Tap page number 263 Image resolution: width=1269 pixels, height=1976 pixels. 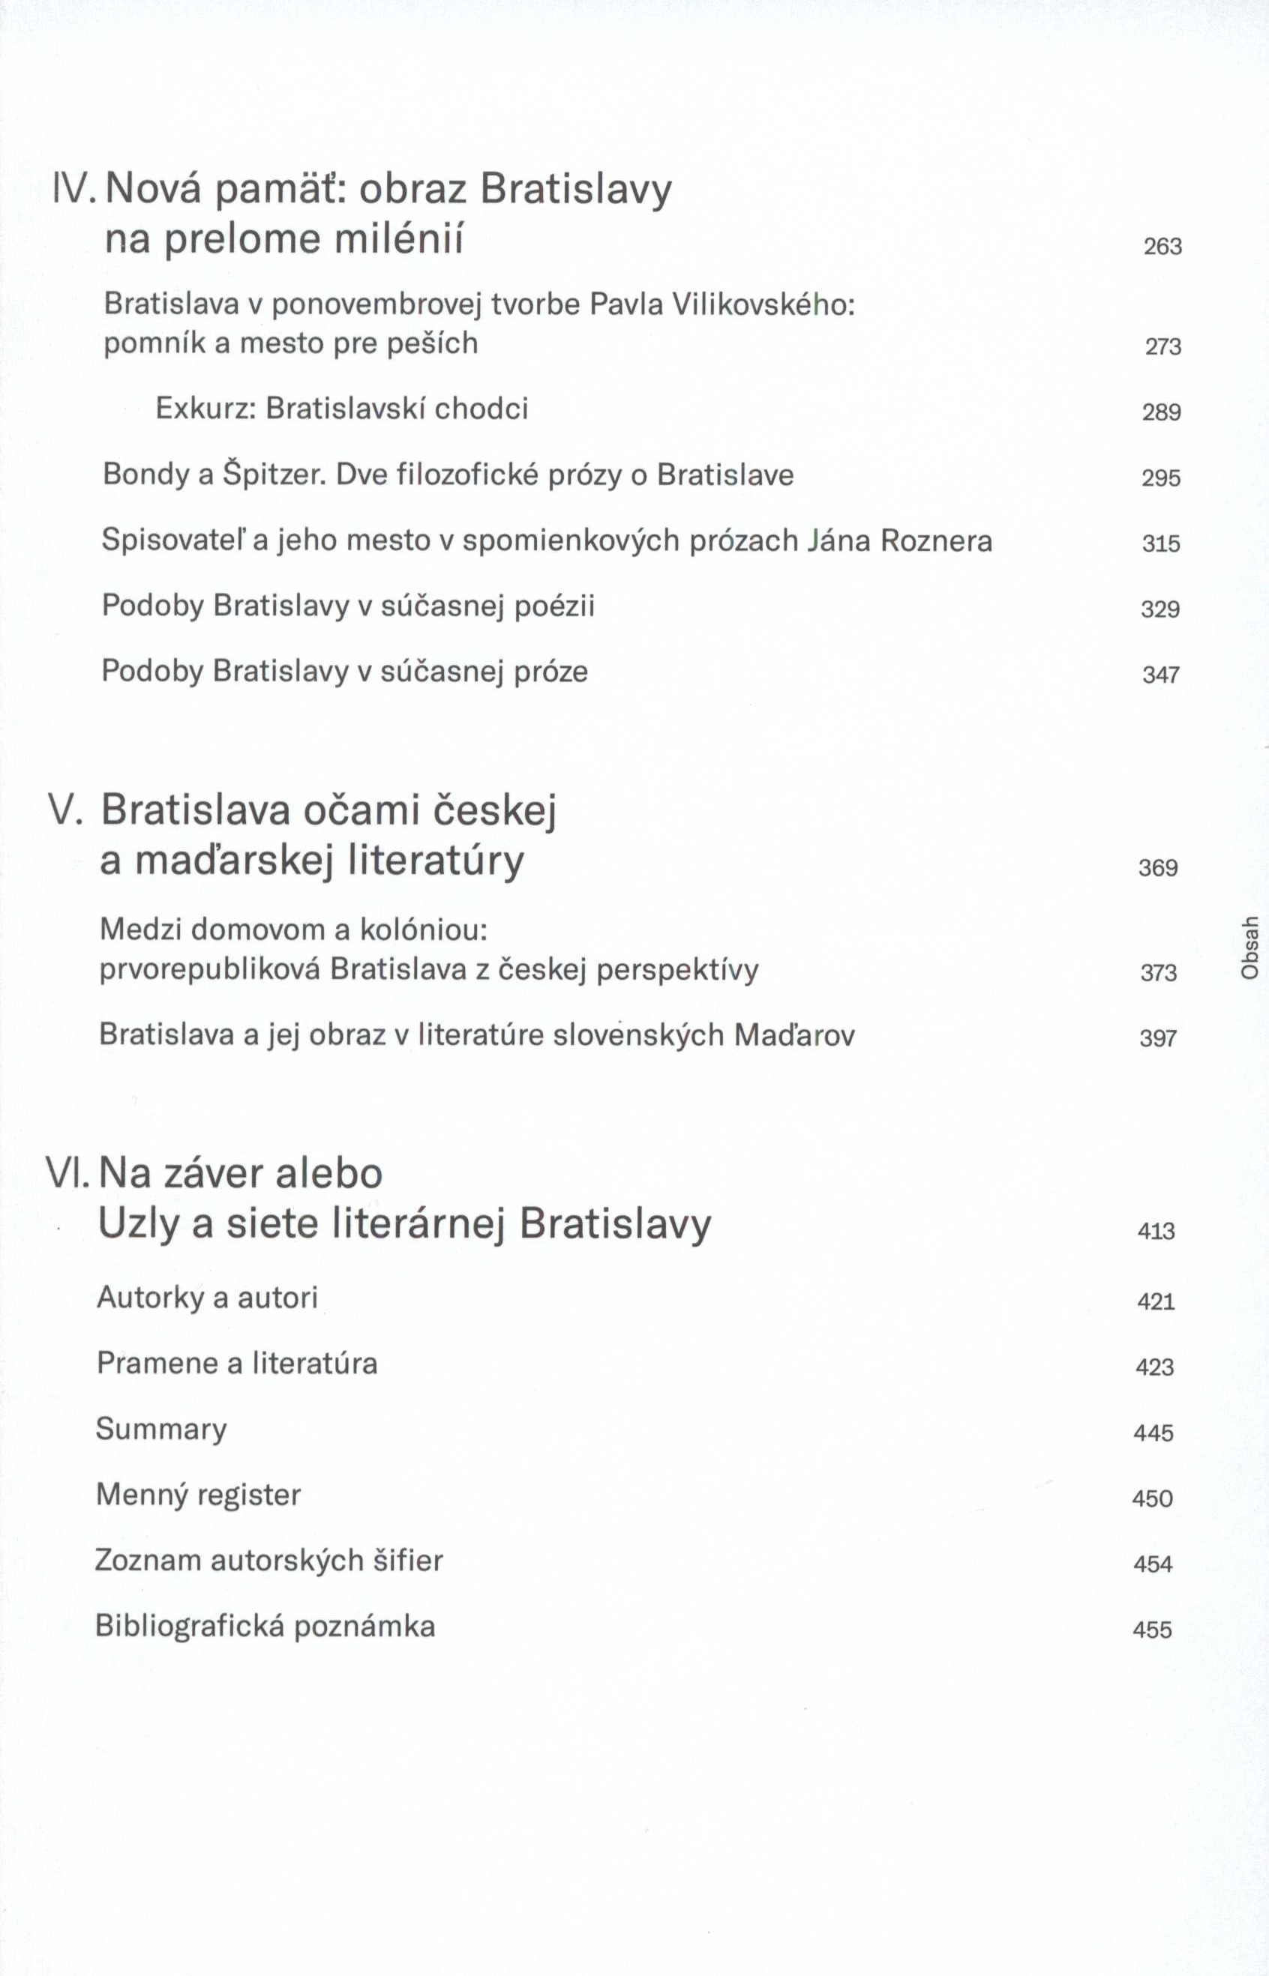pyautogui.click(x=1162, y=247)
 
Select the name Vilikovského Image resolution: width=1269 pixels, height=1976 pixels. pyautogui.click(x=763, y=305)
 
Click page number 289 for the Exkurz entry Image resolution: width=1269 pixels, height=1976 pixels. pyautogui.click(x=1161, y=412)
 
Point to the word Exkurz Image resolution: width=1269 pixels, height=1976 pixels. pyautogui.click(x=206, y=409)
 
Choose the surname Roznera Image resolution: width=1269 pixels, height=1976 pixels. pyautogui.click(x=936, y=541)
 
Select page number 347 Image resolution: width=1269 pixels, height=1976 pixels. pyautogui.click(x=1160, y=675)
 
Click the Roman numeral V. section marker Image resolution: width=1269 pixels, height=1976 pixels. pyautogui.click(x=68, y=810)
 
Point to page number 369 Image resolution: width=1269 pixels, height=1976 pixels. pyautogui.click(x=1158, y=868)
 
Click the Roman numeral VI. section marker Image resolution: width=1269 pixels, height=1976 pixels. pyautogui.click(x=67, y=1174)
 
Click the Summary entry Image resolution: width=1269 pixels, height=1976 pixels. pyautogui.click(x=160, y=1429)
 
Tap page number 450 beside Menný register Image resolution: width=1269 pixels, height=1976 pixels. pyautogui.click(x=1152, y=1498)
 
